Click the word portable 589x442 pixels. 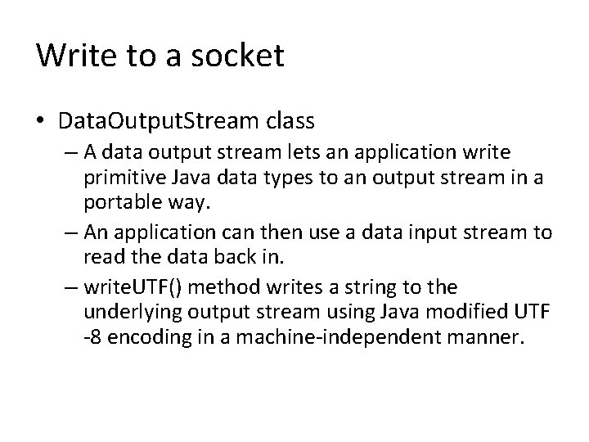point(119,200)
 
